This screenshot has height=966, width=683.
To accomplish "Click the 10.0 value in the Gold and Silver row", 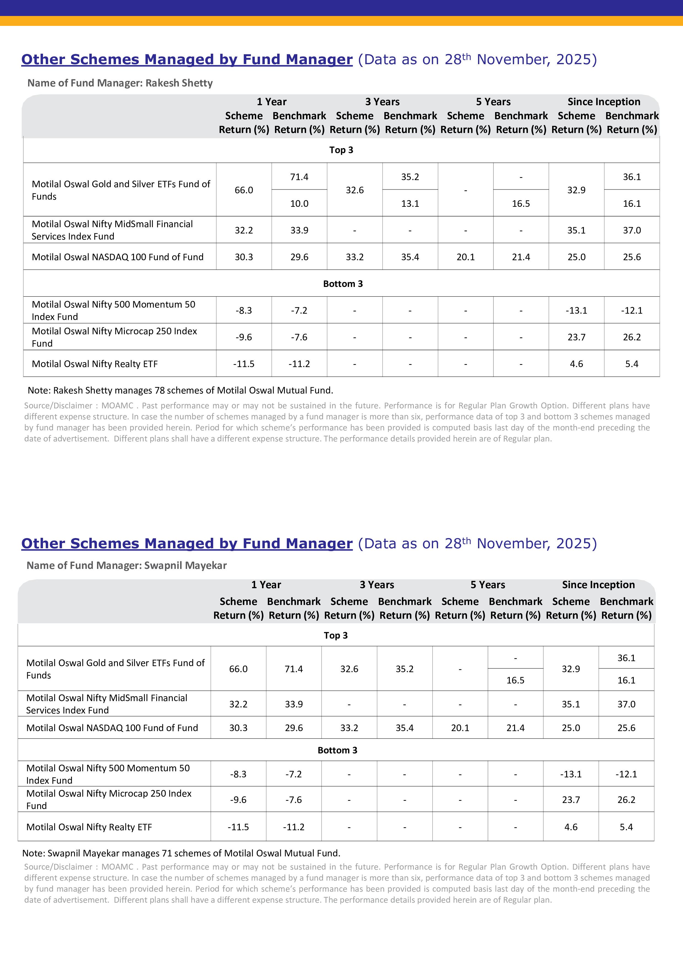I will coord(299,203).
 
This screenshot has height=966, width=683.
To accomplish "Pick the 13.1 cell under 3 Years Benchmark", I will coord(410,203).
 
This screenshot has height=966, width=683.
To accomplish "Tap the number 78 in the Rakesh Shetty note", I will coord(160,390).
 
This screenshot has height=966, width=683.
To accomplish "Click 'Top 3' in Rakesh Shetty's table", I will coord(341,150).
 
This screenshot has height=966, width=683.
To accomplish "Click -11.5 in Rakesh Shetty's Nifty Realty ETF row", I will coord(244,364).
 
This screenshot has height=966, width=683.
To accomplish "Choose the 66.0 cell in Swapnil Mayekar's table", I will coord(238,669).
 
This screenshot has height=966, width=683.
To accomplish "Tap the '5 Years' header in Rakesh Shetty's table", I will coord(493,102).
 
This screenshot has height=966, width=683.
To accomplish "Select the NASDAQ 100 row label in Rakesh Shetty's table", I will coord(117,257).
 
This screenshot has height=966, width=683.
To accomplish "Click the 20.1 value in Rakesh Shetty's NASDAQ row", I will coord(465,257).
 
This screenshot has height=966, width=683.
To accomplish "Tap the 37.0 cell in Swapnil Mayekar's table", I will coord(626,704).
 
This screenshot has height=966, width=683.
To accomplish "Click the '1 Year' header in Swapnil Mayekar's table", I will coord(266,585).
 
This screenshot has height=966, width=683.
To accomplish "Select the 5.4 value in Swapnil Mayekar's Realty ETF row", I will coord(626,827).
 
